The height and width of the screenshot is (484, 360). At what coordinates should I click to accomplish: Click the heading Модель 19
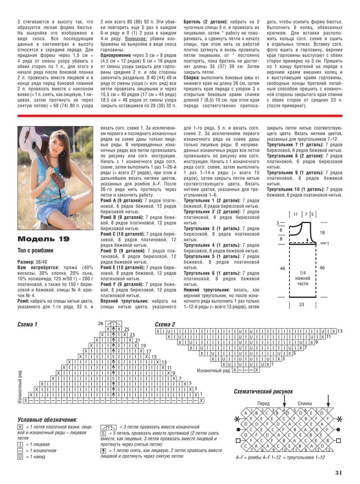pos(44,239)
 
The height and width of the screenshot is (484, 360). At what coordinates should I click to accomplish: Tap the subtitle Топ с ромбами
pos(35,250)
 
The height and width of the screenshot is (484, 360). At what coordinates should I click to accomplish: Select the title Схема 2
pos(165,324)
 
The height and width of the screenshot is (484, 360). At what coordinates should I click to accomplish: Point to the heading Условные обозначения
pos(47,419)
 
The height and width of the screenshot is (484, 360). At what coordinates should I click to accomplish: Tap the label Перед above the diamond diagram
pos(264,403)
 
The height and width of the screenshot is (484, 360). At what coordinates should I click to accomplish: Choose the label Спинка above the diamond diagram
pos(305,403)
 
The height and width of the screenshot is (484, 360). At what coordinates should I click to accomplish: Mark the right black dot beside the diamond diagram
pos(339,430)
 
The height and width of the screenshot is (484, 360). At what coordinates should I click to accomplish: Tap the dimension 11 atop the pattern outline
pos(295,214)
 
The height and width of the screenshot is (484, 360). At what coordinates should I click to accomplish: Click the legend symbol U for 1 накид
pos(20,457)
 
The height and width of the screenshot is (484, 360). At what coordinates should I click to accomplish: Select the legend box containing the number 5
pos(103,433)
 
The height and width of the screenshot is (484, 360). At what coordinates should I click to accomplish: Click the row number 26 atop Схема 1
pos(101,323)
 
